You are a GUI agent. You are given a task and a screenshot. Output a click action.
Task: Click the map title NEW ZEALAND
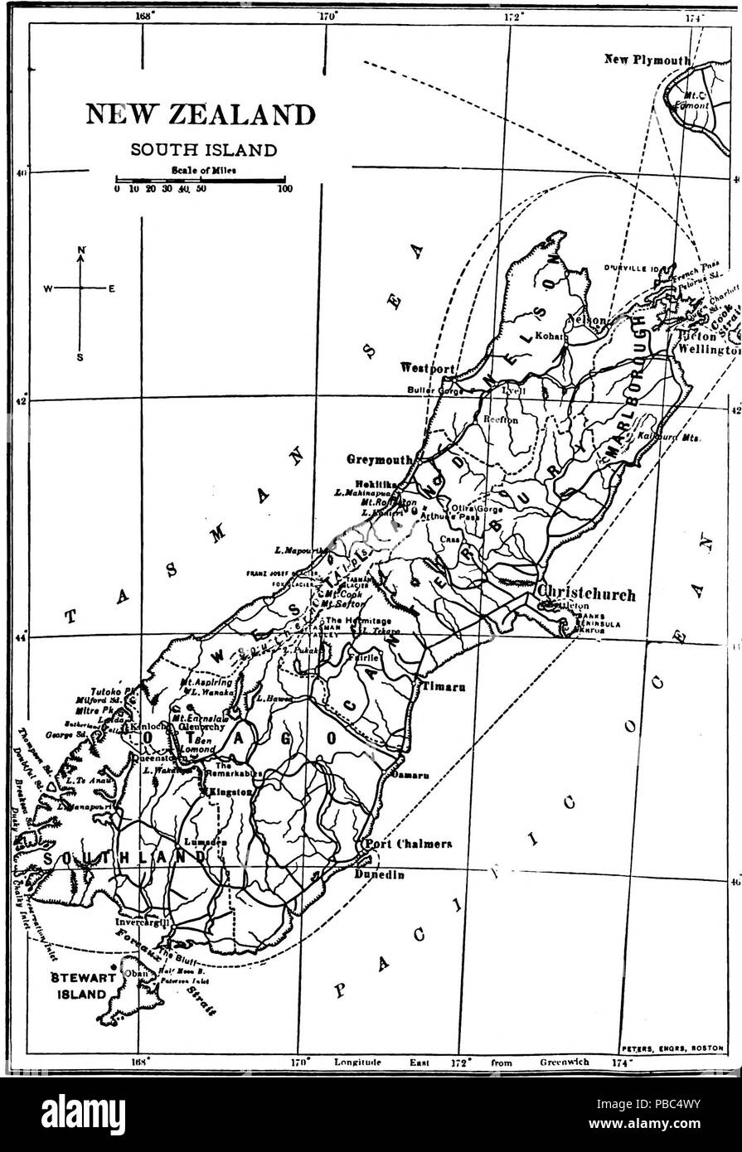[x=201, y=114]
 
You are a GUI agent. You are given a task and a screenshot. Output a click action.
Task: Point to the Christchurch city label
[x=586, y=593]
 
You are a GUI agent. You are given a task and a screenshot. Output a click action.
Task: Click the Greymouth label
[x=381, y=457]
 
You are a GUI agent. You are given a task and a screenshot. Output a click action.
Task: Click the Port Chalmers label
[x=408, y=845]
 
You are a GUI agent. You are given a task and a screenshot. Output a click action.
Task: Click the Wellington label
[x=709, y=350]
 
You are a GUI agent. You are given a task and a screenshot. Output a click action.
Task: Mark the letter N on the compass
[x=81, y=249]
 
